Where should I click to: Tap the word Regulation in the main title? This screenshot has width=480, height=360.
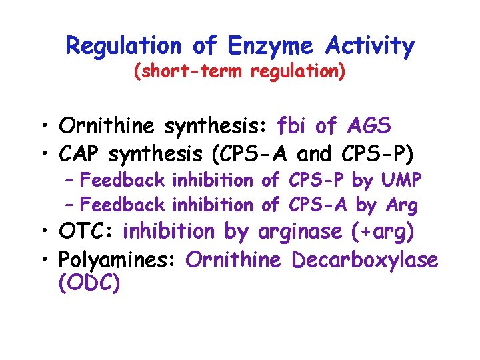coord(123,46)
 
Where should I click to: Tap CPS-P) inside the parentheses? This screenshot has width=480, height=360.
coord(380,154)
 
